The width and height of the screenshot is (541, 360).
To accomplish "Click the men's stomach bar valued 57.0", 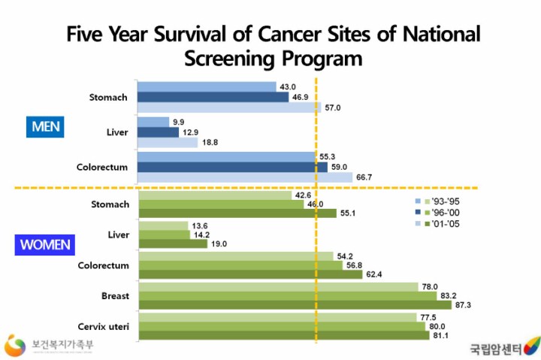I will [x=229, y=107].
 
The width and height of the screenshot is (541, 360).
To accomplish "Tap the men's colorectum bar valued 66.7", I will [x=245, y=177].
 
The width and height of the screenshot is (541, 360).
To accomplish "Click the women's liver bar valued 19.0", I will [x=174, y=244].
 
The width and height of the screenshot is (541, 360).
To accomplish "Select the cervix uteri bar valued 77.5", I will [x=277, y=316].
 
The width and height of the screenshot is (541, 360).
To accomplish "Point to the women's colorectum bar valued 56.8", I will [x=240, y=265].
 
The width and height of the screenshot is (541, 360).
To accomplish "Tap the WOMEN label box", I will [x=45, y=244].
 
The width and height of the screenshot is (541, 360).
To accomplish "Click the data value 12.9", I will [x=191, y=132].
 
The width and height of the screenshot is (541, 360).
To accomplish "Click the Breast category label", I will [x=114, y=295].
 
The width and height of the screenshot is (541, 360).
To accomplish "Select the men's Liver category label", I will [x=119, y=132].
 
